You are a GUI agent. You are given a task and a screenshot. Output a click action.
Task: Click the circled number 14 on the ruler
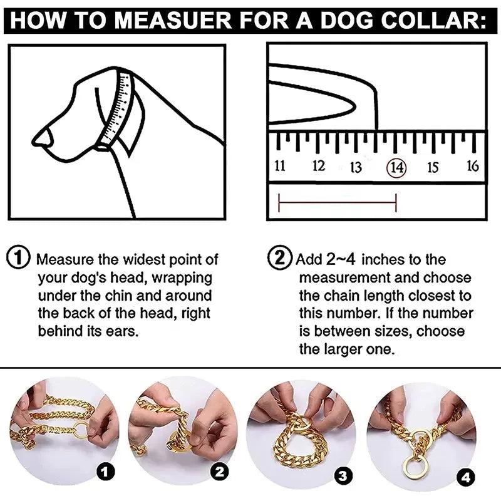coord(396,167)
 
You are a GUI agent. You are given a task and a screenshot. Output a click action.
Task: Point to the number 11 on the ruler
coord(280,166)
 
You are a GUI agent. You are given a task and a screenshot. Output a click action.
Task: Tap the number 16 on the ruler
coord(473,166)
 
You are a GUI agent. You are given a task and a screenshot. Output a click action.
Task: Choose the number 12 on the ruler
coord(319,166)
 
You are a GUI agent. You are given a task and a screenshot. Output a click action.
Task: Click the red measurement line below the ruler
coord(337,202)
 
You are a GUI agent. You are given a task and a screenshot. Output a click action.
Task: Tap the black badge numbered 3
coord(342,476)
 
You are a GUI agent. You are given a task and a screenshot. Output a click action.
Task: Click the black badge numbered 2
coord(219,471)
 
